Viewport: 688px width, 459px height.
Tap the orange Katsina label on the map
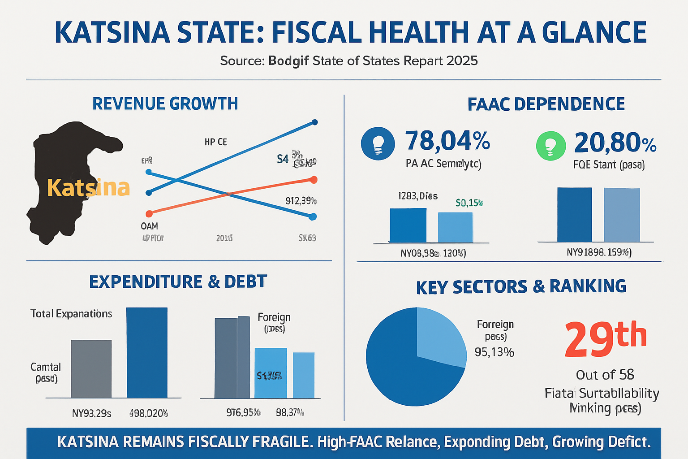(x=88, y=188)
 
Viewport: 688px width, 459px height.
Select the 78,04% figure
(x=447, y=141)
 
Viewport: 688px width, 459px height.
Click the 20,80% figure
(x=615, y=143)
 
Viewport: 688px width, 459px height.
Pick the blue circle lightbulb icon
(x=378, y=143)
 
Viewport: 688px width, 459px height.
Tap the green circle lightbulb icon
(x=551, y=146)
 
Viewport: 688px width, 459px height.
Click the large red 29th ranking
(x=605, y=339)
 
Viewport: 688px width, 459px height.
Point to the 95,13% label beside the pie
(x=494, y=352)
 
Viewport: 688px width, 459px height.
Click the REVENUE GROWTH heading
(x=165, y=104)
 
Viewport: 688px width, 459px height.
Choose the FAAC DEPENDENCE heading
(x=546, y=104)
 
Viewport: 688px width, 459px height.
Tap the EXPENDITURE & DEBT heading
(x=178, y=282)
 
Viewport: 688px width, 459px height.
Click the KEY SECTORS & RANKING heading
(x=521, y=287)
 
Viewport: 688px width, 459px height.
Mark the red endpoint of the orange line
(x=314, y=180)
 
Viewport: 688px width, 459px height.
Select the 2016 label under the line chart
(x=224, y=238)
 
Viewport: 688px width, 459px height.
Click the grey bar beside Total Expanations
(x=91, y=368)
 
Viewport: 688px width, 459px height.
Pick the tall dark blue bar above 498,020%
(x=147, y=352)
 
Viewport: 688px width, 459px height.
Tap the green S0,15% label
(x=469, y=203)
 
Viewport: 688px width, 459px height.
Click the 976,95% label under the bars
(x=243, y=412)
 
